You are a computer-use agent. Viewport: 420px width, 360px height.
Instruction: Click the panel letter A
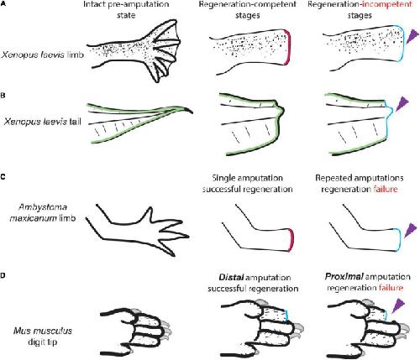point(3,3)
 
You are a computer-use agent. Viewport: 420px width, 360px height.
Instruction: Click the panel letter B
point(3,96)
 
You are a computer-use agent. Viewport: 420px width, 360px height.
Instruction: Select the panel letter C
point(3,177)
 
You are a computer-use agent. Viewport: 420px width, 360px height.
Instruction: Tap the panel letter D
point(3,275)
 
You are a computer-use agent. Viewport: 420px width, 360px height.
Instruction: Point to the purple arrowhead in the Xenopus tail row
point(402,103)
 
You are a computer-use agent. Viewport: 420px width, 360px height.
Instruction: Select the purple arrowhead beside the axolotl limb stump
point(410,230)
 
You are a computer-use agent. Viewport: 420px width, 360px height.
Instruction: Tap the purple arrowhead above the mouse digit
point(397,305)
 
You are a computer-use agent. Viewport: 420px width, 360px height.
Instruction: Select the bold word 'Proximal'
point(344,277)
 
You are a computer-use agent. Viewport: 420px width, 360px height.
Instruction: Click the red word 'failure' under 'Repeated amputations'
point(386,190)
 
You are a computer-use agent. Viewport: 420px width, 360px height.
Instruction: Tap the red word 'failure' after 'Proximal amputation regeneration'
point(391,288)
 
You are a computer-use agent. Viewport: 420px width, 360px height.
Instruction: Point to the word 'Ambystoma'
point(43,207)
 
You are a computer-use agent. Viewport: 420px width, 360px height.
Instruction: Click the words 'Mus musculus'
point(43,331)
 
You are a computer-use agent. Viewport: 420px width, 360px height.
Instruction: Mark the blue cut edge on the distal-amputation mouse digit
point(288,316)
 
